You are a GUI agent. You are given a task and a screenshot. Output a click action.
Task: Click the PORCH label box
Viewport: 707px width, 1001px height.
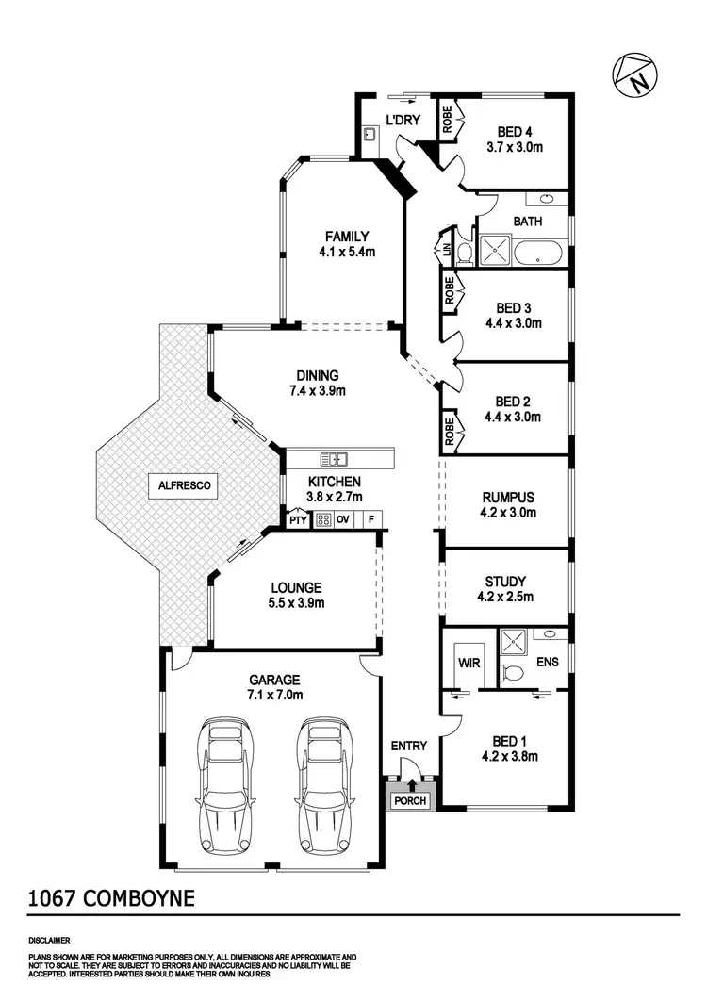409,801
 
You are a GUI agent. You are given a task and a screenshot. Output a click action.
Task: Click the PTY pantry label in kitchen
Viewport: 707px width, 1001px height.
298,519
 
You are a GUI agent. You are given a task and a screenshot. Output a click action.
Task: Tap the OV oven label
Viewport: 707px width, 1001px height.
344,519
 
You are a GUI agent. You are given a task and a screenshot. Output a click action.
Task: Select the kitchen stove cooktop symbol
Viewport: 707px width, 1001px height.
322,519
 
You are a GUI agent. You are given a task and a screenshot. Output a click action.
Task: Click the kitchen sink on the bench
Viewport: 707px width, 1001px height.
333,460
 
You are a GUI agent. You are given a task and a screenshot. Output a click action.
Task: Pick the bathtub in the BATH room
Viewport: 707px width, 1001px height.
541,253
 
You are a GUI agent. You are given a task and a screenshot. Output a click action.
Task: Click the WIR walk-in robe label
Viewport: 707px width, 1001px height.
469,663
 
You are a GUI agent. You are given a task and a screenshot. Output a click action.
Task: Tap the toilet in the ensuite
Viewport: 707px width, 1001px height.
510,671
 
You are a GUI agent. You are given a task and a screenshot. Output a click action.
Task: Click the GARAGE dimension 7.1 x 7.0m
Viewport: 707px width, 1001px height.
274,695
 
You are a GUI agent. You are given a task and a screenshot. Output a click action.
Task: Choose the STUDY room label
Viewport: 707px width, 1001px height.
505,582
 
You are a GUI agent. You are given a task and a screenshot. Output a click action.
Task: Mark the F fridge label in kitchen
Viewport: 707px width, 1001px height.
371,519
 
